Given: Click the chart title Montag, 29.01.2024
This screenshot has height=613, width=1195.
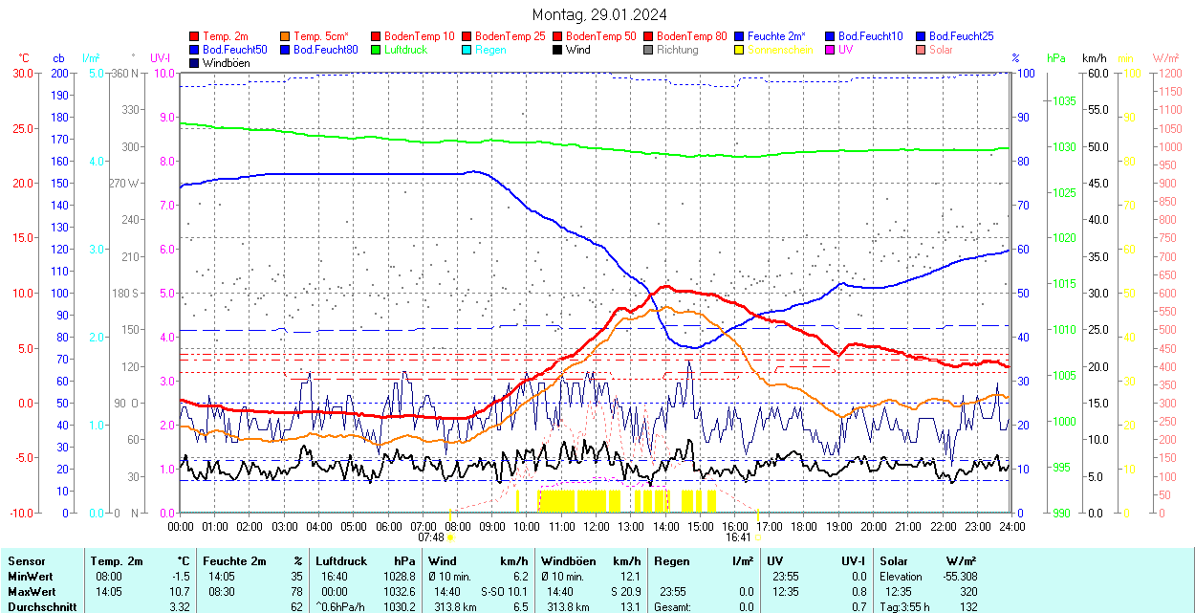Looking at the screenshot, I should click(599, 14).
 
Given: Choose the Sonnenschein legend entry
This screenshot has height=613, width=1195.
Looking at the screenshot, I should click(780, 50).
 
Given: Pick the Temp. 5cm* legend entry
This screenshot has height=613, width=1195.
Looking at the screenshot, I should click(320, 36).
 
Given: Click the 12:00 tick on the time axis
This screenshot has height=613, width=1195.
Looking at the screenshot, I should click(597, 526).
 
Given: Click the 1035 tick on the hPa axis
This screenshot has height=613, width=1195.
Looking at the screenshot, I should click(1064, 101).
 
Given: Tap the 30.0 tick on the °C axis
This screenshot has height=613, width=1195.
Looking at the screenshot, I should click(22, 74).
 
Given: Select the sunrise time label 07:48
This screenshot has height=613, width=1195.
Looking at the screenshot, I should click(431, 537).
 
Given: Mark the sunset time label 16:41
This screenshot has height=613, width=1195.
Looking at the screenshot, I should click(737, 537).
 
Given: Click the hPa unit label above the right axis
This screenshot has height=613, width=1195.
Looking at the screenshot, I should click(1055, 58).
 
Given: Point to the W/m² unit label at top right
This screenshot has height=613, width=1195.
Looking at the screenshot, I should click(1164, 58).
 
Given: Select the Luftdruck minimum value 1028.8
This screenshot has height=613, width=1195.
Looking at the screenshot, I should click(399, 577).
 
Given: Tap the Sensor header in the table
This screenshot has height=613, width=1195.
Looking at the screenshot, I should click(27, 561).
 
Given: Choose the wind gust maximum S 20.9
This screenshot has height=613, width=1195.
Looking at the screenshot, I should click(621, 592).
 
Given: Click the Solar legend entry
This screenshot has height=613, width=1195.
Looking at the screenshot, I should click(941, 50).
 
